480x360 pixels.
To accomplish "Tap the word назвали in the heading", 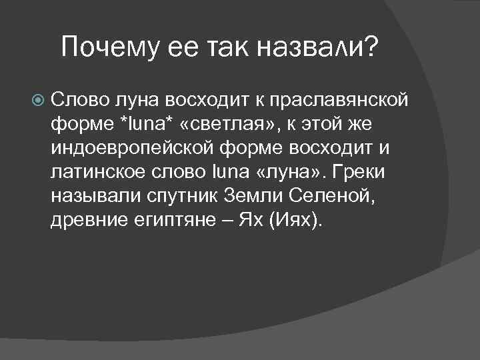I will point(309,47).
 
